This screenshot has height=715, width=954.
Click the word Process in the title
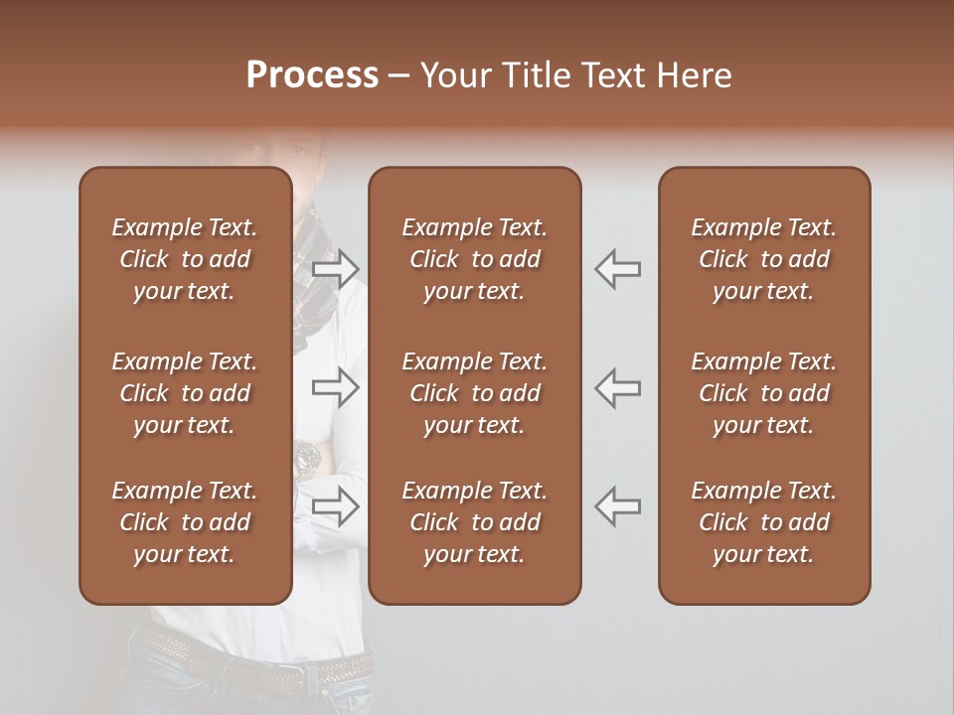312,75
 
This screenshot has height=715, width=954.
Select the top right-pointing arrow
336,268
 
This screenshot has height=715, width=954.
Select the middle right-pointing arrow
336,387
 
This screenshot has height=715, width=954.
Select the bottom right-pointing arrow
336,505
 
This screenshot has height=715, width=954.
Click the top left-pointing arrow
618,268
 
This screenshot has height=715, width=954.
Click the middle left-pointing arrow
618,387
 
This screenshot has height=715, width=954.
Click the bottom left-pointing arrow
618,505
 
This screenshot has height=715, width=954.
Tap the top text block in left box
185,259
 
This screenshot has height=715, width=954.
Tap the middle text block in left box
185,393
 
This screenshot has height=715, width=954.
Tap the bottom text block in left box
185,522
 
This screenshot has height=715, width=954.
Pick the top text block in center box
474,259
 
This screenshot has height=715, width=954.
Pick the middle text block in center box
474,393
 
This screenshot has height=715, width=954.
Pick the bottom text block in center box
474,522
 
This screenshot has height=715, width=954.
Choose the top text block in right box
763,259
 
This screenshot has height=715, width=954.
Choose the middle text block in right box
763,393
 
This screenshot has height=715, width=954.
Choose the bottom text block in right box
763,522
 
